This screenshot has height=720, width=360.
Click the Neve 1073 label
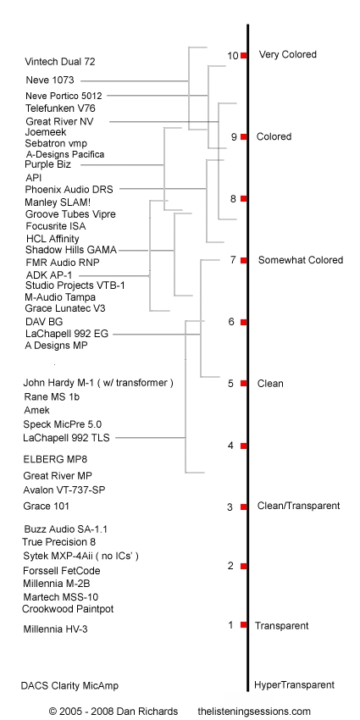click(50, 80)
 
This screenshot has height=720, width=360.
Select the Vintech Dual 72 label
click(60, 62)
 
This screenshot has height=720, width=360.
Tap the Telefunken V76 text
click(61, 108)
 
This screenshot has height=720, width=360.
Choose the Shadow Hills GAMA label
click(71, 250)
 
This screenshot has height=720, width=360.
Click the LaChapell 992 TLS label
click(67, 438)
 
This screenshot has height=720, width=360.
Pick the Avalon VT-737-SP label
click(64, 490)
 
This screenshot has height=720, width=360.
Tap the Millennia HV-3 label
click(56, 629)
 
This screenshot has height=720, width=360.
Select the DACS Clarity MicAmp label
click(69, 685)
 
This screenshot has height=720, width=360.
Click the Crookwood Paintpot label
click(68, 609)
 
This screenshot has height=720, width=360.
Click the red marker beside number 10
click(244, 55)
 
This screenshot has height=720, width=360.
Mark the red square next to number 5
click(244, 383)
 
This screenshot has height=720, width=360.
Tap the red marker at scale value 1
click(244, 624)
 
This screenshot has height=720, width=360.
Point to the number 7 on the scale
click(233, 260)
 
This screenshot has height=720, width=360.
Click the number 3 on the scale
click(230, 507)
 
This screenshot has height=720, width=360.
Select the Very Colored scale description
click(288, 54)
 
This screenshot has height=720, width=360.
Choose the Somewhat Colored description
click(301, 260)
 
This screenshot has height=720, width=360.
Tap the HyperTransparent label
click(294, 685)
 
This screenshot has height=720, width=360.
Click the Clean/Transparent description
click(298, 506)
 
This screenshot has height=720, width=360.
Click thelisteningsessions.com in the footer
click(254, 712)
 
